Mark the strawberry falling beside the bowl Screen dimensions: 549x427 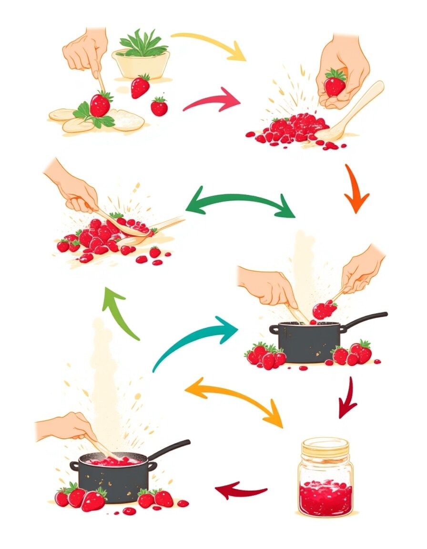tap(140, 86)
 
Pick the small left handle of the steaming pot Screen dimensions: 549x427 tap(74, 466)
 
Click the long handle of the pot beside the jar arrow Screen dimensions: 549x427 tap(365, 320)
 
